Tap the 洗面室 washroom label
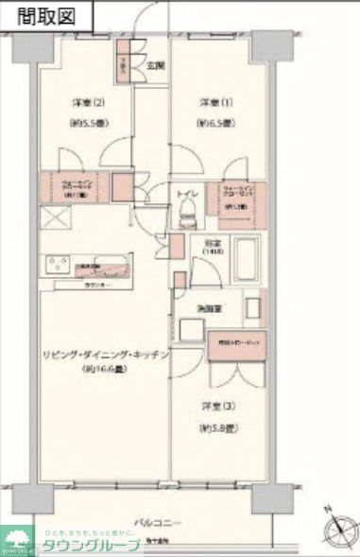210,308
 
